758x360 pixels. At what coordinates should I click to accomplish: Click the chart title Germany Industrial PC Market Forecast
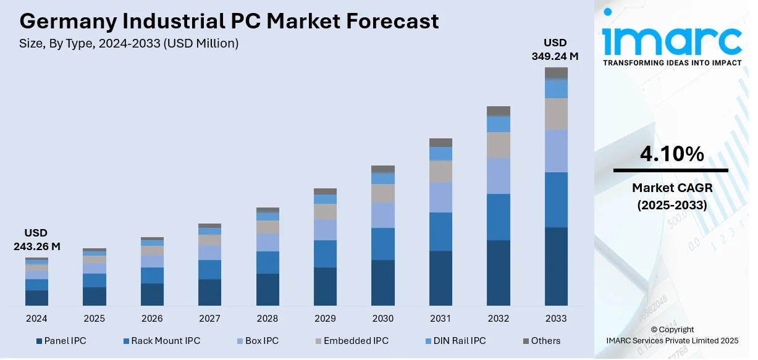(x=229, y=21)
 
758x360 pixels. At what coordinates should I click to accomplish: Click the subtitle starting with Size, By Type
(x=129, y=44)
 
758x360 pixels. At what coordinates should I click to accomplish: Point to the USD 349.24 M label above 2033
(x=555, y=49)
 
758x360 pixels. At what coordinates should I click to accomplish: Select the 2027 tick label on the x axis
(x=209, y=319)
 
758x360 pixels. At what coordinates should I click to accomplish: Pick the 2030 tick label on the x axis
(x=382, y=319)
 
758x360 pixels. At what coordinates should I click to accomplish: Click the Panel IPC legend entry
(x=61, y=341)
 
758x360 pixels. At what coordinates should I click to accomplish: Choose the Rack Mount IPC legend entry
(x=161, y=341)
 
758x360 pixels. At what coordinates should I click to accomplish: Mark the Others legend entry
(x=542, y=341)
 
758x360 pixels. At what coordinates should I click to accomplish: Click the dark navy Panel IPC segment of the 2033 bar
(x=556, y=266)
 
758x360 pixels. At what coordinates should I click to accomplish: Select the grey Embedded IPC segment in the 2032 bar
(x=499, y=145)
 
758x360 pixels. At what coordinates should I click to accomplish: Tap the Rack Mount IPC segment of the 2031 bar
(x=440, y=232)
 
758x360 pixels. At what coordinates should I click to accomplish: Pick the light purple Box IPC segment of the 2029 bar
(x=325, y=230)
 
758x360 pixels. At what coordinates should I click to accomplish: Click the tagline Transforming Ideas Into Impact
(x=672, y=63)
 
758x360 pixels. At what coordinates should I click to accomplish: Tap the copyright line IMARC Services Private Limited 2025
(x=672, y=340)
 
